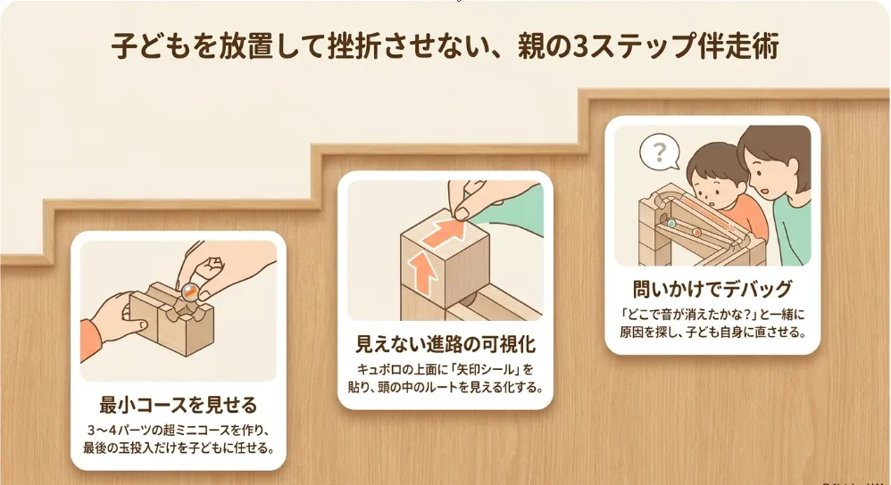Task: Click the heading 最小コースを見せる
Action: tap(178, 405)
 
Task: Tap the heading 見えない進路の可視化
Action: tap(445, 344)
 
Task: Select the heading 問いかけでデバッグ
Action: tap(712, 289)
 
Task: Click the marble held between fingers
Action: tap(189, 292)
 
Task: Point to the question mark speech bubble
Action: tap(660, 152)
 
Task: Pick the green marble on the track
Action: tap(671, 223)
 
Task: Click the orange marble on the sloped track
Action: tap(696, 232)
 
